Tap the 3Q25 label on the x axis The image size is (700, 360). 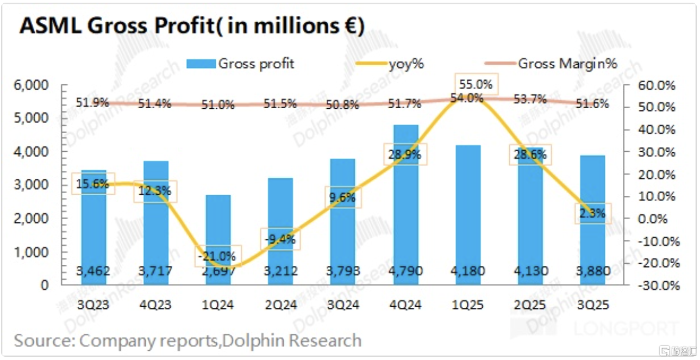[x=592, y=305]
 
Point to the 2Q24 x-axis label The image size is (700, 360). [x=282, y=305]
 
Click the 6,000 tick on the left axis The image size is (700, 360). [x=33, y=85]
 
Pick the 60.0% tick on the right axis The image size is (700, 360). [x=659, y=85]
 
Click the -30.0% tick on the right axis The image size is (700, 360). [x=658, y=285]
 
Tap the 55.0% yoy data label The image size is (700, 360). [x=476, y=84]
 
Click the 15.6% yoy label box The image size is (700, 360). [x=93, y=184]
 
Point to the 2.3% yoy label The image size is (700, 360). [x=592, y=214]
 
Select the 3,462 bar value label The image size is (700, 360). [x=94, y=270]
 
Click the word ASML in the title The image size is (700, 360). [x=46, y=26]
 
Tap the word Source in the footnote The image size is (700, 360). [x=43, y=340]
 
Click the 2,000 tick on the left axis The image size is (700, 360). [x=33, y=219]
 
